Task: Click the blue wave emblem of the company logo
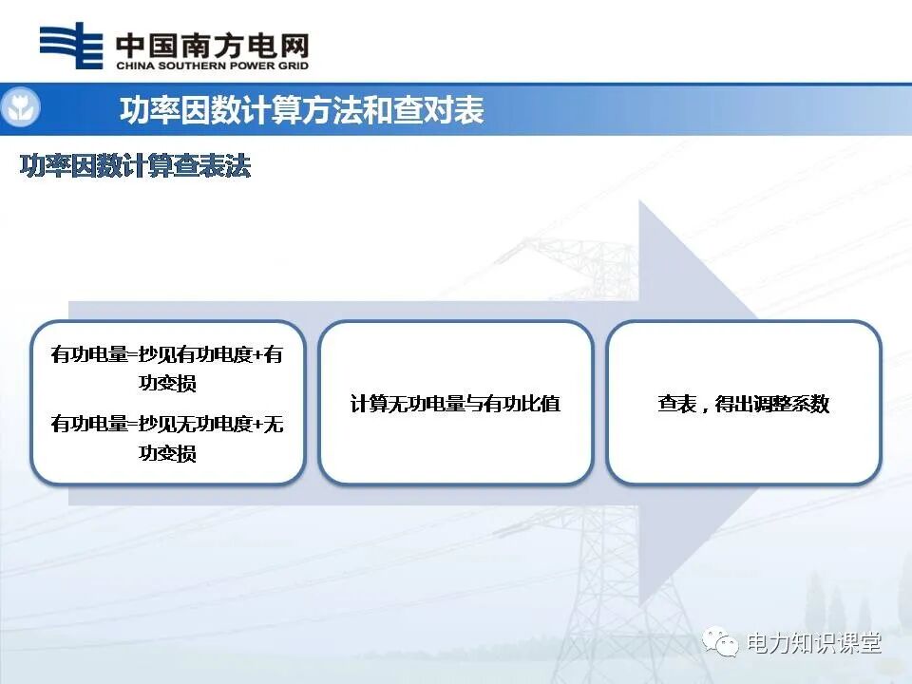(71, 46)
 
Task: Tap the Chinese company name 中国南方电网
(211, 44)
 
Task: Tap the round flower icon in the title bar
(19, 109)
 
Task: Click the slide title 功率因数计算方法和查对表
(301, 110)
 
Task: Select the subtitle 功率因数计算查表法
(135, 166)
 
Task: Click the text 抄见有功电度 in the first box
(197, 354)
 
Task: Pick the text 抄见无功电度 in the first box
(197, 424)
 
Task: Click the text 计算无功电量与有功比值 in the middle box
(455, 404)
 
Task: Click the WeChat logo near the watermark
(720, 643)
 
